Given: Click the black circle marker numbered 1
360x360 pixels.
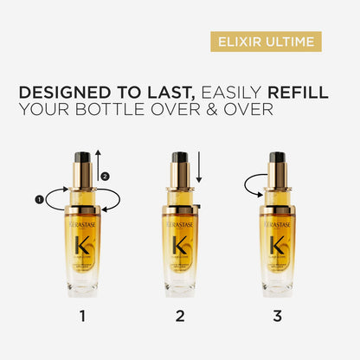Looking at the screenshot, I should [x=38, y=199].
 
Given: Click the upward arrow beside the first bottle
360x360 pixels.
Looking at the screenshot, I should [x=99, y=164].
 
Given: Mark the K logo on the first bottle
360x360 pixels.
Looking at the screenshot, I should [x=83, y=245].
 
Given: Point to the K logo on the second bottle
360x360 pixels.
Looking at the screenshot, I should [x=180, y=245].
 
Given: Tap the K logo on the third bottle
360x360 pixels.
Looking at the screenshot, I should [x=277, y=245].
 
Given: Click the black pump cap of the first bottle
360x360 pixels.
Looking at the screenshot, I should [x=83, y=159].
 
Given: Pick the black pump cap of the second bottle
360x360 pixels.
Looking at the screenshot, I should [x=180, y=161].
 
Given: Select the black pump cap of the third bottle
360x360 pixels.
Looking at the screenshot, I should [x=277, y=161].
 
